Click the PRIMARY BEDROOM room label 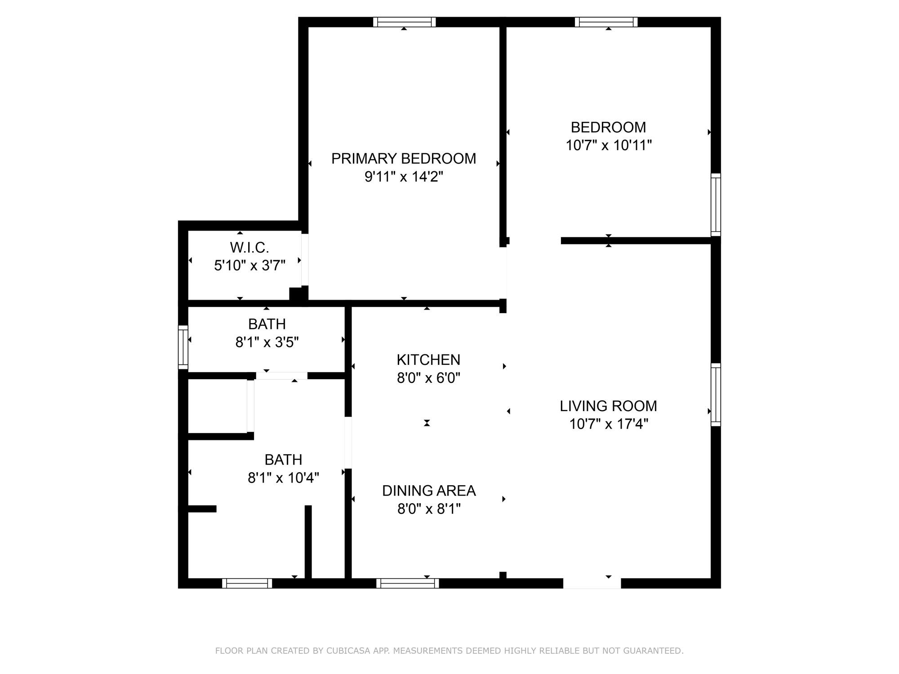pyautogui.click(x=404, y=159)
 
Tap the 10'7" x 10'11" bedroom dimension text pyautogui.click(x=609, y=146)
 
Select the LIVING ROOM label pyautogui.click(x=608, y=406)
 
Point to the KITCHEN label pyautogui.click(x=428, y=360)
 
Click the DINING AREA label pyautogui.click(x=429, y=491)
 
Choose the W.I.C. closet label pyautogui.click(x=249, y=248)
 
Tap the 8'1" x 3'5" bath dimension pyautogui.click(x=267, y=342)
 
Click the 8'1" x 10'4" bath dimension pyautogui.click(x=284, y=478)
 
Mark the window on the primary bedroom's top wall pyautogui.click(x=404, y=22)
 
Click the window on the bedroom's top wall pyautogui.click(x=606, y=22)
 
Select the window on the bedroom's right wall pyautogui.click(x=716, y=205)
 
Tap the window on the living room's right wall pyautogui.click(x=716, y=395)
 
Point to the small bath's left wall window pyautogui.click(x=183, y=347)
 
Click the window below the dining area pyautogui.click(x=408, y=583)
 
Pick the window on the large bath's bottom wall pyautogui.click(x=247, y=583)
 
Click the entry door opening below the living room pyautogui.click(x=592, y=583)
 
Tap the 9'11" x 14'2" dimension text pyautogui.click(x=404, y=177)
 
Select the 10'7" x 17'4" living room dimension pyautogui.click(x=609, y=424)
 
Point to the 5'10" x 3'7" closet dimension pyautogui.click(x=250, y=266)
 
